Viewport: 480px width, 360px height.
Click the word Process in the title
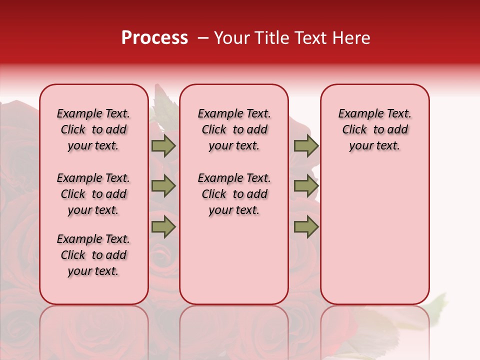[154, 38]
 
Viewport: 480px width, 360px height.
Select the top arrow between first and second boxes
[163, 145]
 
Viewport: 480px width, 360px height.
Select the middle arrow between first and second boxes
[163, 186]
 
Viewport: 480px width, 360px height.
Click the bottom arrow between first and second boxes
[163, 226]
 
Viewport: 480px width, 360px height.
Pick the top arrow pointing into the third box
[306, 145]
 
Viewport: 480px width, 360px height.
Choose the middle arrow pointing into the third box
[306, 186]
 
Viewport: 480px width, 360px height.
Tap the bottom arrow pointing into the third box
[306, 226]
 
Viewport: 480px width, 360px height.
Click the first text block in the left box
[93, 129]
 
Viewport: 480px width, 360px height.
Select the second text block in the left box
[93, 194]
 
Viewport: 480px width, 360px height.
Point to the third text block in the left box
[93, 255]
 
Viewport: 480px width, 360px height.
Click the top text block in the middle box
[234, 129]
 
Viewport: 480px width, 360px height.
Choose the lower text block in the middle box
[234, 194]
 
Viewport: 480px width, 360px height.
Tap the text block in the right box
[374, 129]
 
